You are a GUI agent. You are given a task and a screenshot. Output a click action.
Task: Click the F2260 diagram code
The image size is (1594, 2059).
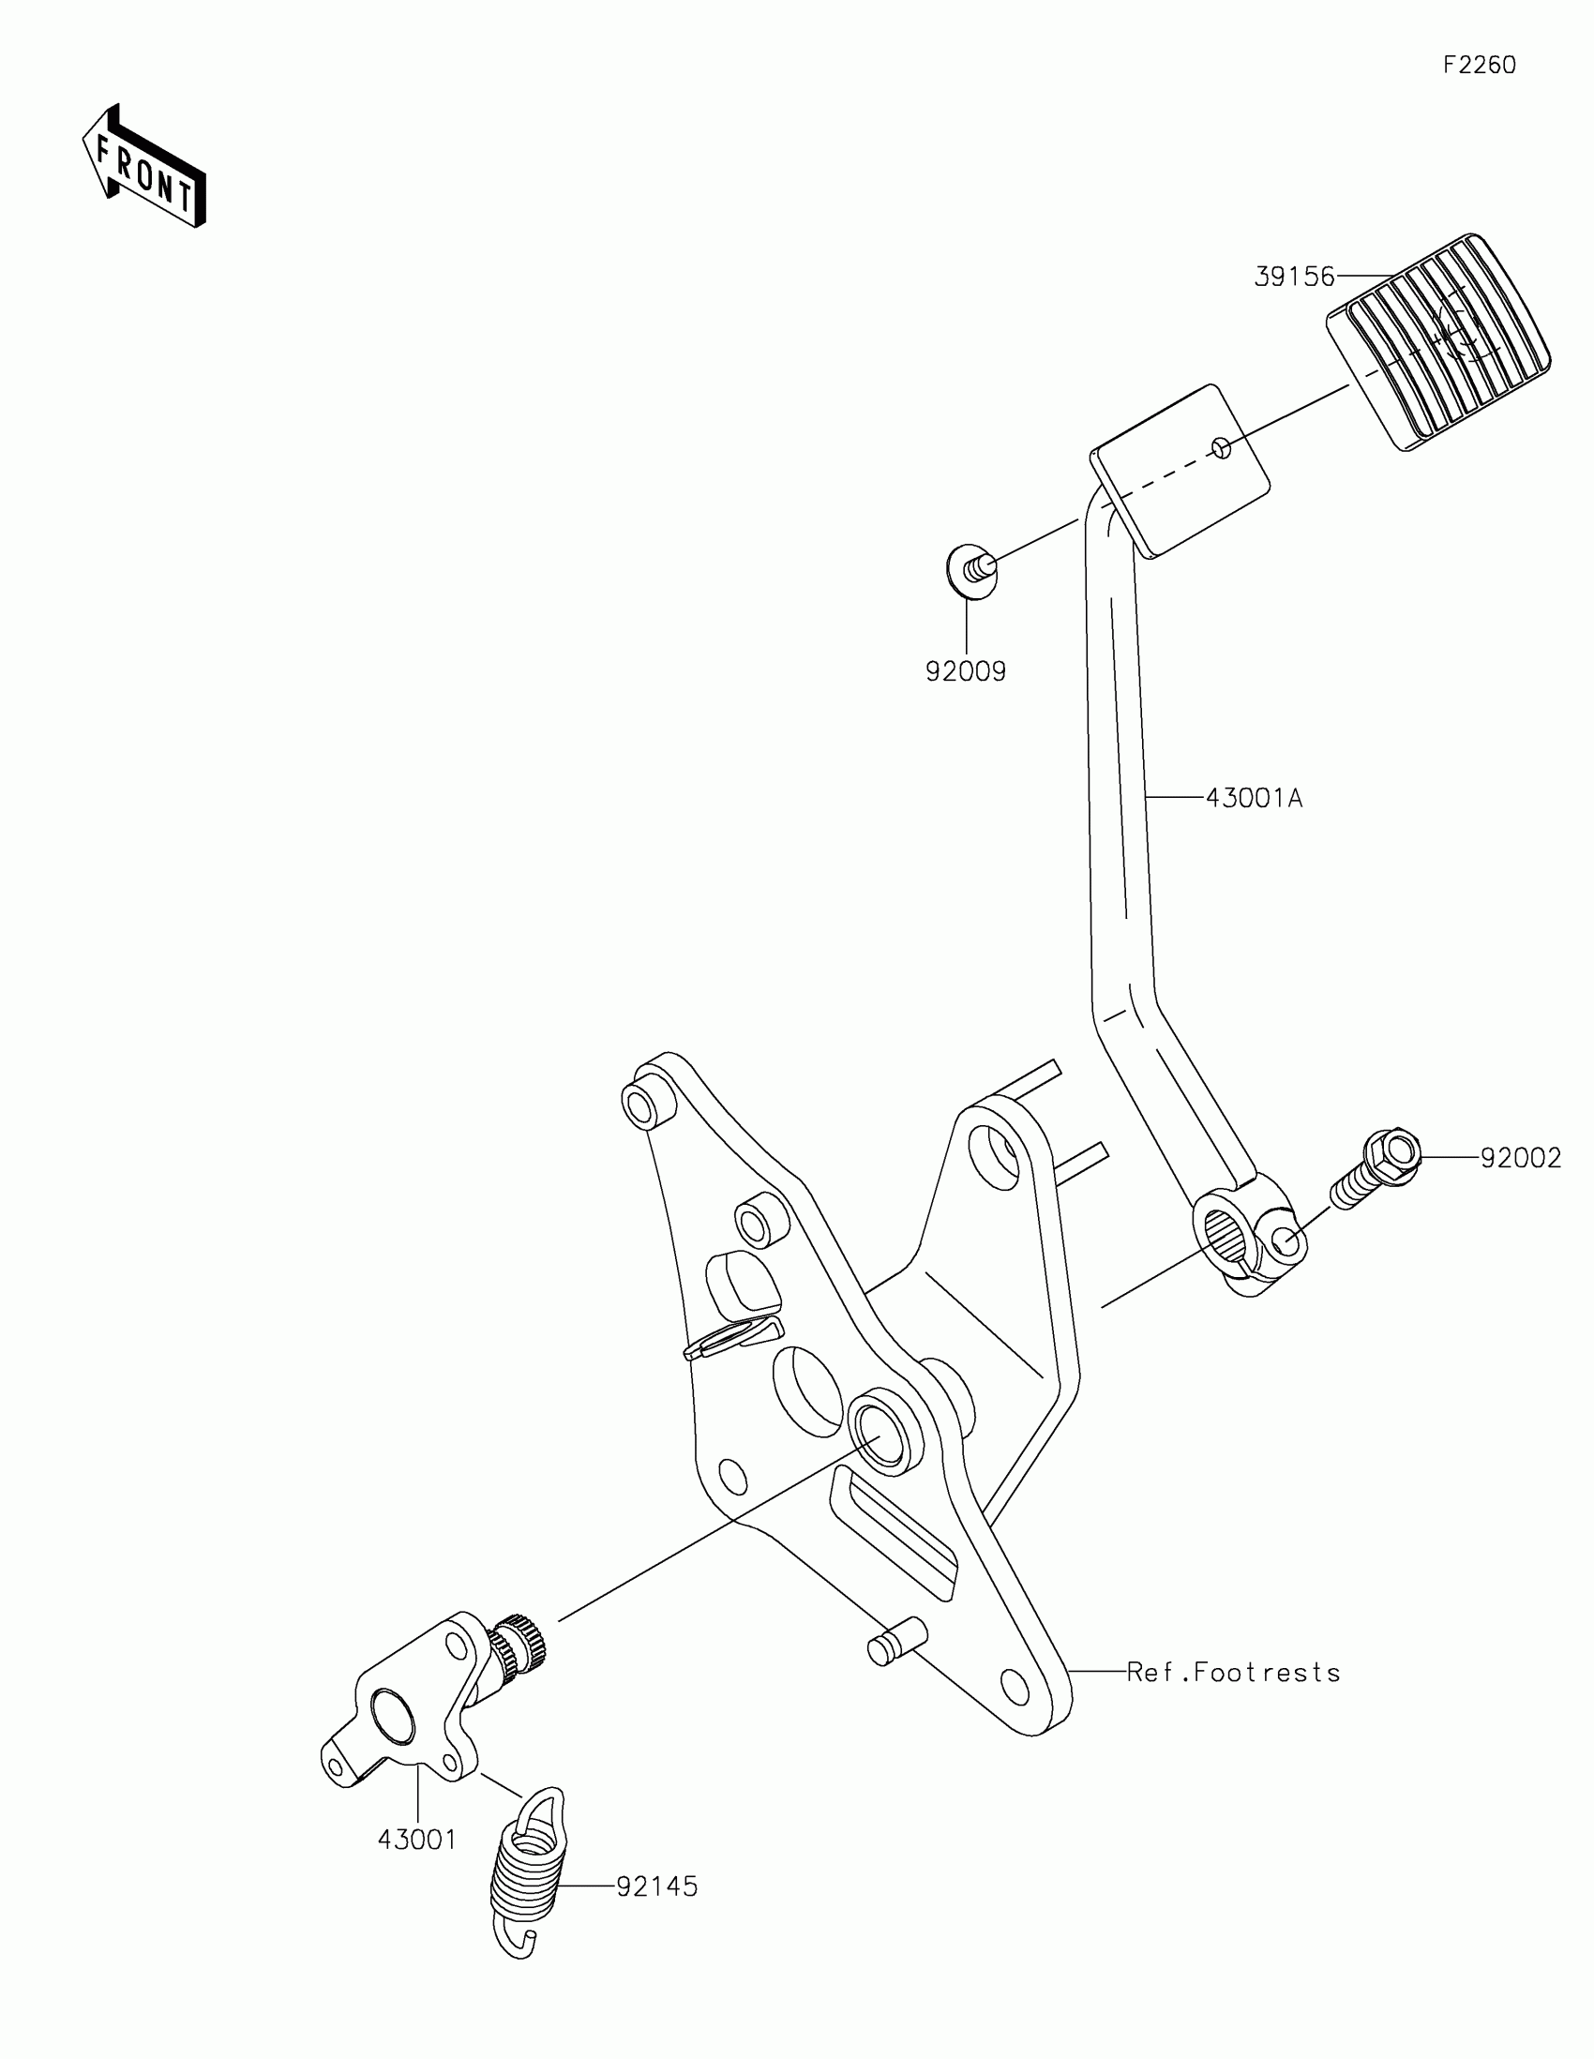(x=1479, y=65)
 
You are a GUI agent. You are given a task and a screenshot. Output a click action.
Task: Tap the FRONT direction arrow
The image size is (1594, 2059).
(x=144, y=168)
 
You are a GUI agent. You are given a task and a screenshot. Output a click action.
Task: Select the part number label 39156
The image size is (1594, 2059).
(x=1294, y=277)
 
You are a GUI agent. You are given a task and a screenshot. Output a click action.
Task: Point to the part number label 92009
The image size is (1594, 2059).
(x=965, y=671)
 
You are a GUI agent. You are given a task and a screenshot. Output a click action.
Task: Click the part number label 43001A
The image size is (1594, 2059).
(x=1254, y=798)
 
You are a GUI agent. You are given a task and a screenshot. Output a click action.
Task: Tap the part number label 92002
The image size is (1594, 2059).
(x=1521, y=1157)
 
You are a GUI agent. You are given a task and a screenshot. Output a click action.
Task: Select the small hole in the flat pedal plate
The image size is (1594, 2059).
(x=1221, y=448)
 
